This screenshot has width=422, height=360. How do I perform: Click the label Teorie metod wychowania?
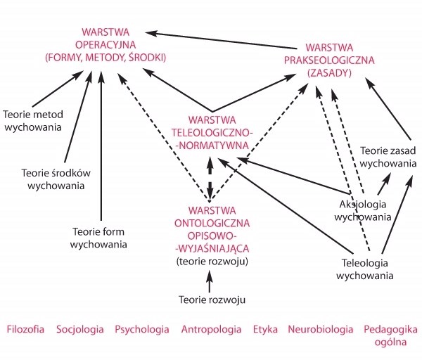coord(33,121)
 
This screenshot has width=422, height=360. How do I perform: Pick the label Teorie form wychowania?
coord(100,238)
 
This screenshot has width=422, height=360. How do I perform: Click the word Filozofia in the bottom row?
coord(26,329)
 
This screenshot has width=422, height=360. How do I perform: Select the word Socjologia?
coord(80,329)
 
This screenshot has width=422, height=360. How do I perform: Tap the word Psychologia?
coord(141,329)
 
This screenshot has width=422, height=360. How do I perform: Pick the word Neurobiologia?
coord(320,329)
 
